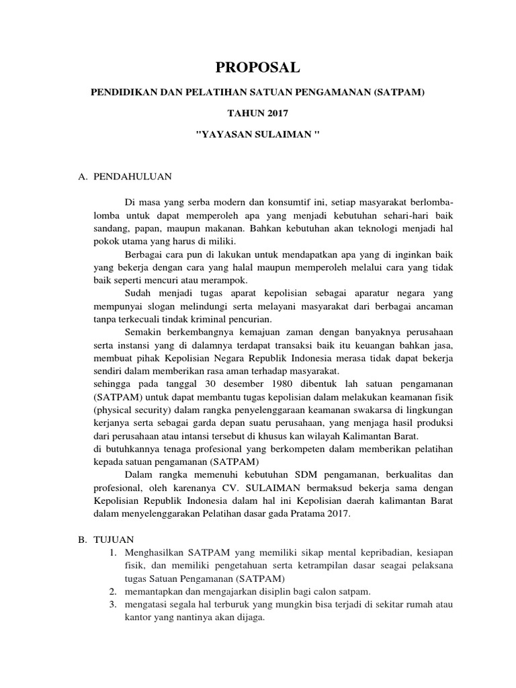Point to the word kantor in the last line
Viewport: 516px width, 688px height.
click(x=136, y=616)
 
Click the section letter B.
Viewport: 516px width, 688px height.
click(x=81, y=540)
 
